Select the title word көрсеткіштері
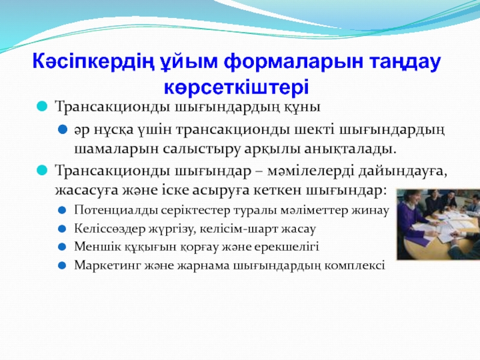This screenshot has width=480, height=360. [236, 88]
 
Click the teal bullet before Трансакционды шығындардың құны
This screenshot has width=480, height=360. [42, 106]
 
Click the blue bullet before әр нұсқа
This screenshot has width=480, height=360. [62, 130]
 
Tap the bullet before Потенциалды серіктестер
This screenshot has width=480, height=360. [62, 211]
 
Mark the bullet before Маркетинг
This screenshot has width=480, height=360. [62, 265]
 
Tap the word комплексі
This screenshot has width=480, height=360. [355, 265]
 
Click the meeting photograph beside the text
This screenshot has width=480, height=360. [438, 224]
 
